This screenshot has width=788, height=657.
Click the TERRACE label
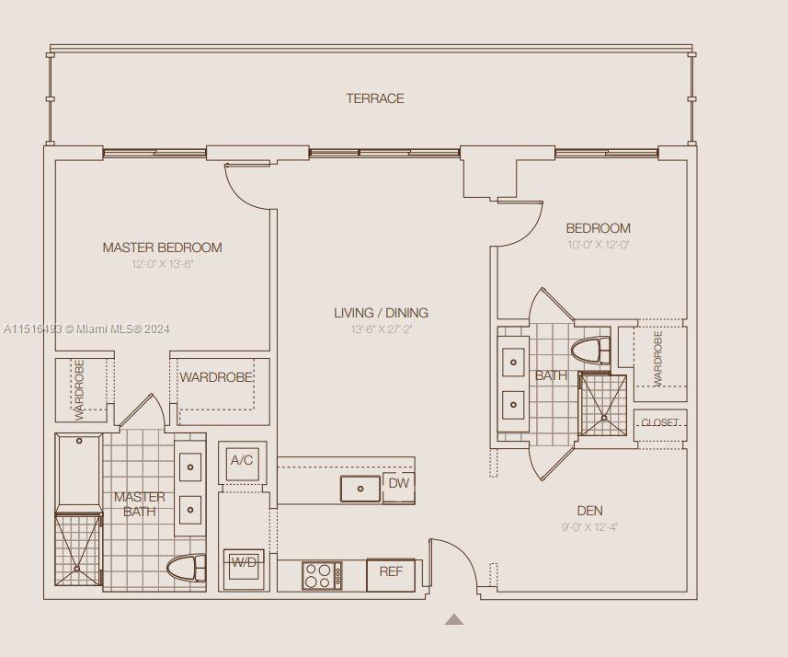[374, 98]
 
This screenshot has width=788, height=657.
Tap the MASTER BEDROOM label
[162, 248]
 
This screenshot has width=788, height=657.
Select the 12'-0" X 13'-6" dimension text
[162, 264]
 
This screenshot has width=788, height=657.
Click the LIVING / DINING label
[381, 313]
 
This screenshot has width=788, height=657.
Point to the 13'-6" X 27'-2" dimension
[381, 329]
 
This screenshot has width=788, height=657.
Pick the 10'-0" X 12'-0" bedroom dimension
[598, 245]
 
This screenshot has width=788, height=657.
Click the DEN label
[589, 511]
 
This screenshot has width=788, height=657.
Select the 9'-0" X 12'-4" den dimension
[589, 527]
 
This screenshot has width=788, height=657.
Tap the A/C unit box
[242, 461]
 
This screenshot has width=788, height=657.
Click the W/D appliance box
[243, 563]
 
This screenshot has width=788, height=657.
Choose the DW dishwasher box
[398, 484]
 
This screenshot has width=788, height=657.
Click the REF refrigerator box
[391, 572]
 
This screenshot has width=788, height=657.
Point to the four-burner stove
[322, 576]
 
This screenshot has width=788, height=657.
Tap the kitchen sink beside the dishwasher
[360, 489]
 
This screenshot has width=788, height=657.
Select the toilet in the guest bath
[590, 352]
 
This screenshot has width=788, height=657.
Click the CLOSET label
[659, 423]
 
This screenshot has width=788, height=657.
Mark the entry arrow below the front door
[453, 620]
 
